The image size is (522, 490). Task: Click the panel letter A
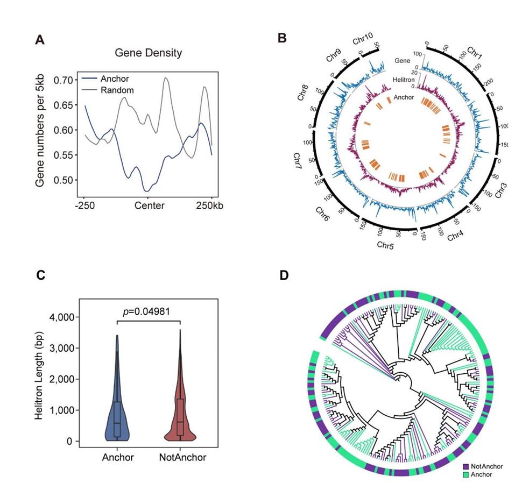pos(39,39)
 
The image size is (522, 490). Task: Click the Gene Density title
pos(149,53)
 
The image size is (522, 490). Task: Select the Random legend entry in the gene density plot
pos(117,90)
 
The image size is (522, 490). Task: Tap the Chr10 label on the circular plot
pos(363,41)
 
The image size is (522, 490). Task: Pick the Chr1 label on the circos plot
pos(474,52)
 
